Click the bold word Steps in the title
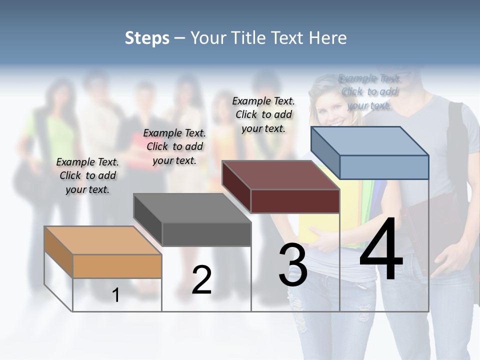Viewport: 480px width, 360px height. point(147,38)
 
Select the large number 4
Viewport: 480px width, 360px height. point(381,250)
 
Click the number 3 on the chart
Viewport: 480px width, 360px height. point(292,265)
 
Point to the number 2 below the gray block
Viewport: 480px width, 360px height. point(201,280)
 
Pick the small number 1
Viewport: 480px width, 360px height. point(116,295)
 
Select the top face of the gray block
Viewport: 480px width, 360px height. point(192,208)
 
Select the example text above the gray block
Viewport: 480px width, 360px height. point(174,146)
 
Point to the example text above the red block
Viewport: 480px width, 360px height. point(263,114)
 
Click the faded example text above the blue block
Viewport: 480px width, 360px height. point(369,91)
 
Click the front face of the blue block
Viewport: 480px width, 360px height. point(384,167)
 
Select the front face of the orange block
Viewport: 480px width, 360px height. point(117,266)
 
